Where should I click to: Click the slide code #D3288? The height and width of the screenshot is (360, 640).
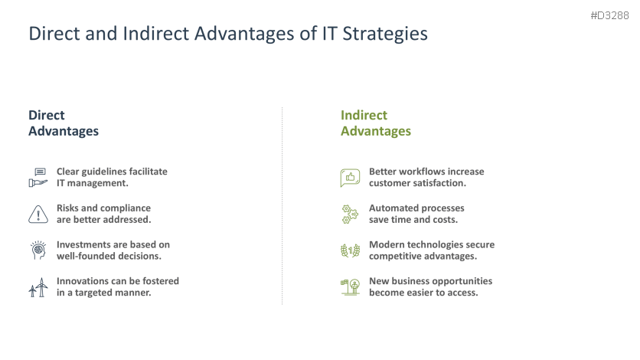point(609,15)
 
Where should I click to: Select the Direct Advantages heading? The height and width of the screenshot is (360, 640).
point(64,123)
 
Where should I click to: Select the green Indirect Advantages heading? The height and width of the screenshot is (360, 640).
point(375,123)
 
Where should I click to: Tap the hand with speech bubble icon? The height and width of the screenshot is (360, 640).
point(38,178)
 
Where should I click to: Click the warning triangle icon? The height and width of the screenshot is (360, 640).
point(38,214)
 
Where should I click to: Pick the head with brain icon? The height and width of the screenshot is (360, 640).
point(38,250)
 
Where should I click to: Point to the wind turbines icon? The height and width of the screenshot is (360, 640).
point(38,287)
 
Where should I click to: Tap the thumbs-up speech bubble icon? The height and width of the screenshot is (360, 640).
point(350,178)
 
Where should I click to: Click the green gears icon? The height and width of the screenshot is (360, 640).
point(350,214)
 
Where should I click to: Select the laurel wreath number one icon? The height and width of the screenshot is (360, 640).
point(350,250)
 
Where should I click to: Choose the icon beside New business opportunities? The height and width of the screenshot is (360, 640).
point(350,287)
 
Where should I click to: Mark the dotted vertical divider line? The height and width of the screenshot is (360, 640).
point(282,207)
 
